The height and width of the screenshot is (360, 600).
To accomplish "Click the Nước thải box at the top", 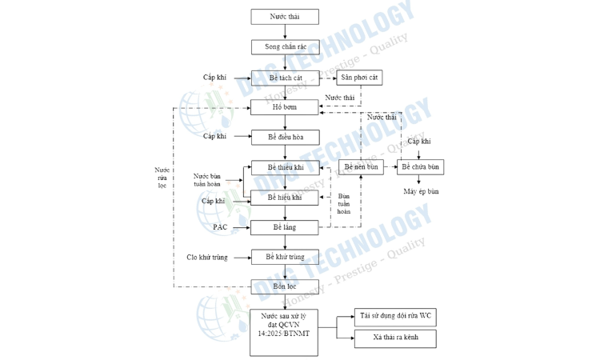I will [285, 16].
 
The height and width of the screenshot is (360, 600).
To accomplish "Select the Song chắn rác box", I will [285, 47].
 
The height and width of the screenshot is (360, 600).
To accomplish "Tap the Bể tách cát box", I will [285, 78].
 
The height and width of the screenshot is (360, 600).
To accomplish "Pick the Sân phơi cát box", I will [359, 78].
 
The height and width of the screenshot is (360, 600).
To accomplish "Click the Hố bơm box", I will [285, 106].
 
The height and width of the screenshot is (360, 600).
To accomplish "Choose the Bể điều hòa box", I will [285, 137].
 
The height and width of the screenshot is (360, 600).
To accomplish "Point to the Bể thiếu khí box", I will [285, 167].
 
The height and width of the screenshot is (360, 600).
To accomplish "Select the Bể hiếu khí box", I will [285, 198].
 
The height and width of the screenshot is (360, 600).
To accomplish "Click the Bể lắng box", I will [285, 227].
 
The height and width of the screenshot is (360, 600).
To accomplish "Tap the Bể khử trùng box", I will [285, 257].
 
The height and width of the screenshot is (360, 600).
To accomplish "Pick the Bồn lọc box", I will [285, 286].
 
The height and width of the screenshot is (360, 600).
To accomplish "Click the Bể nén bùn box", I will [361, 167].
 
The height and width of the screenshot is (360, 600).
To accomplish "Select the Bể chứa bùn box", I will [421, 167].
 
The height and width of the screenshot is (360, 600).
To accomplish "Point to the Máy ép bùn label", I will [421, 192].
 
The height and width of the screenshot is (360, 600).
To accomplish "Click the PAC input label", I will [220, 227].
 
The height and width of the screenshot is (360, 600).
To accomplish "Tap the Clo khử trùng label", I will [207, 257].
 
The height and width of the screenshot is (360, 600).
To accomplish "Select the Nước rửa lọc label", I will [162, 178].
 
